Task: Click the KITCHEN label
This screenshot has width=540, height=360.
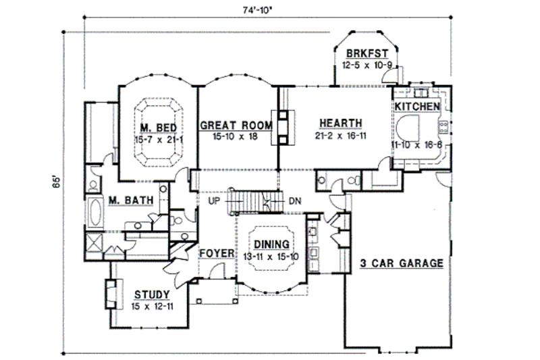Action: (417, 107)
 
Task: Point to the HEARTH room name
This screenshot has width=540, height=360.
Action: (341, 123)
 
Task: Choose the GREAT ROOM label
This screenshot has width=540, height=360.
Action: (236, 126)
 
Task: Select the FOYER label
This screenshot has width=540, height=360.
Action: (216, 253)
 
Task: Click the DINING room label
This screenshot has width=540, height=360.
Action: (272, 244)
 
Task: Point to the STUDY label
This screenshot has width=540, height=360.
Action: (151, 294)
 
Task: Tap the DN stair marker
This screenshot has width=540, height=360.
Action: (295, 201)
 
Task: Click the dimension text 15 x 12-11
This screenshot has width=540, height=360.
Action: (151, 306)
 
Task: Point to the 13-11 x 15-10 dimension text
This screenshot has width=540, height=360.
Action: (272, 255)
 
